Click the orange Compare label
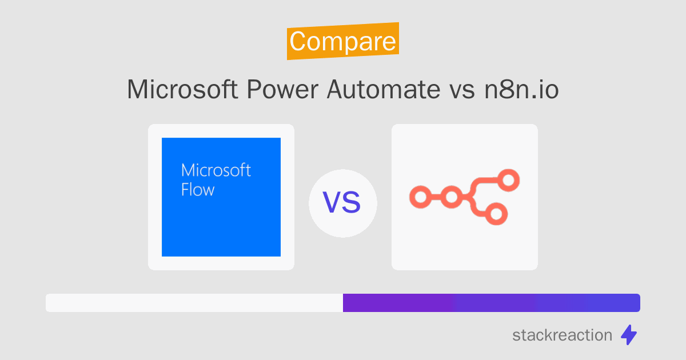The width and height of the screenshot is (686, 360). [x=342, y=41]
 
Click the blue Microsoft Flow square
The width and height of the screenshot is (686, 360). [x=221, y=223]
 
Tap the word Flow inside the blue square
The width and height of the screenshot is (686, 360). [x=198, y=190]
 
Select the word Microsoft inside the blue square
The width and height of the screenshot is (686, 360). [x=216, y=170]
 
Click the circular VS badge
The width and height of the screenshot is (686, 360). [x=342, y=203]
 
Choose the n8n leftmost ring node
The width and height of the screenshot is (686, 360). [x=420, y=198]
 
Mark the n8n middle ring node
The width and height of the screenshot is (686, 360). [x=452, y=198]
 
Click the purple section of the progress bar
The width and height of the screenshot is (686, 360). [x=491, y=303]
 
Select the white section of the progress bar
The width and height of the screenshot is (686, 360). [x=194, y=303]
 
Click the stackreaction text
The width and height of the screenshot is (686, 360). [x=562, y=335]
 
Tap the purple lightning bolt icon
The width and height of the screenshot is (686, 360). [x=629, y=335]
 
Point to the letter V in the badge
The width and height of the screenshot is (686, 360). [x=333, y=203]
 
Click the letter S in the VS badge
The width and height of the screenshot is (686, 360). [x=352, y=203]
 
